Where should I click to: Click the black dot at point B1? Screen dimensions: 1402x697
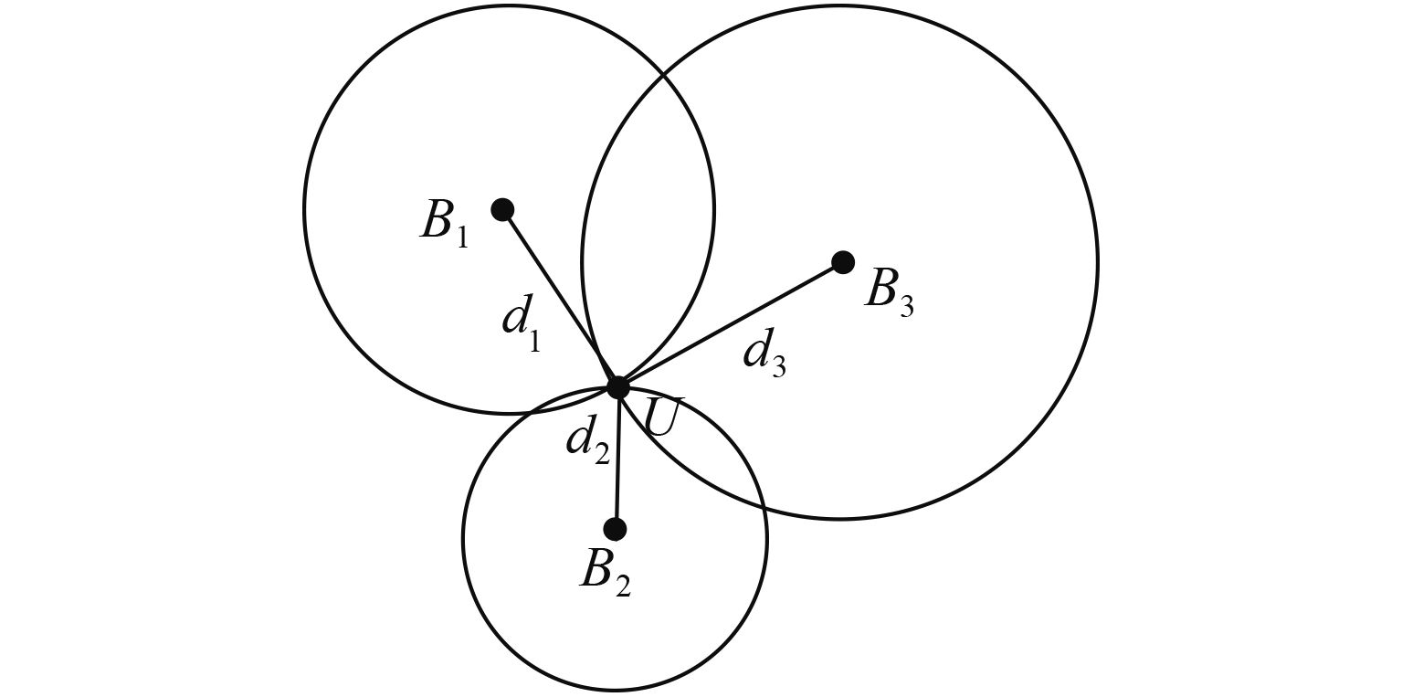coord(502,210)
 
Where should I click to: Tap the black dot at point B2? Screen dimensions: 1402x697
coord(616,529)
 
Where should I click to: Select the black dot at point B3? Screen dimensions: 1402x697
coord(843,263)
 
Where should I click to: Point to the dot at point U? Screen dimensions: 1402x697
coord(618,387)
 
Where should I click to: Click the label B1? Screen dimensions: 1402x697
coord(444,223)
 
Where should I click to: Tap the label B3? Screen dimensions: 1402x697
coord(889,291)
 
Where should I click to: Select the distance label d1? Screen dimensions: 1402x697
coord(522,324)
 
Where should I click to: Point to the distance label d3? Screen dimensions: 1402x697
coord(764,354)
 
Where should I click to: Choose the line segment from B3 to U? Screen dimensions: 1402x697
coord(731,325)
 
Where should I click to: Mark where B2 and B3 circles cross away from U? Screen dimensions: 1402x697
coord(763,505)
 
